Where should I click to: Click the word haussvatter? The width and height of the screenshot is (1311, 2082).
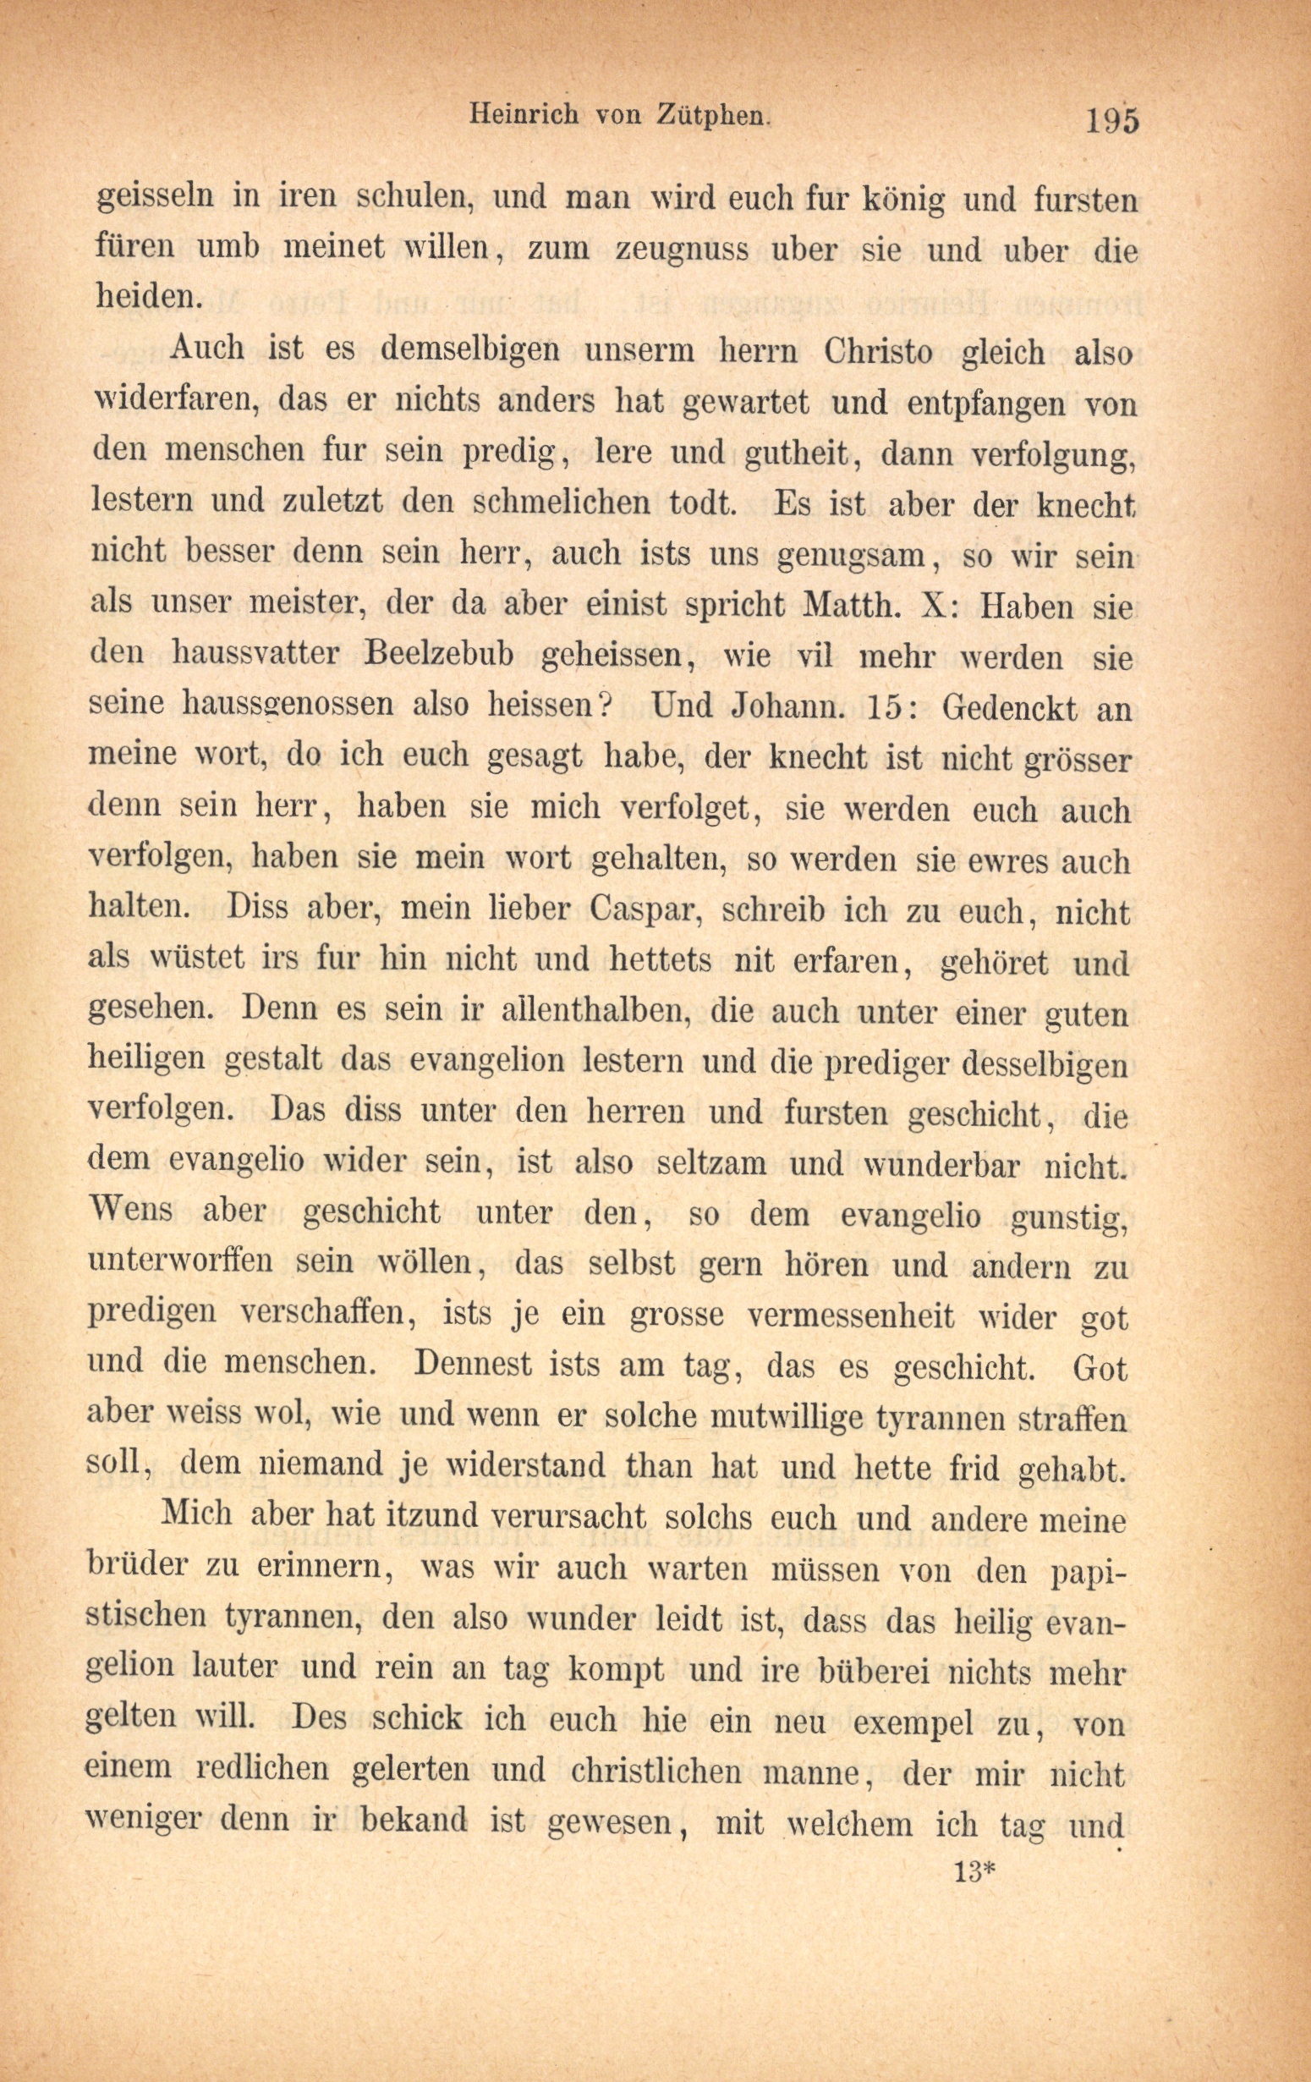click(260, 655)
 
